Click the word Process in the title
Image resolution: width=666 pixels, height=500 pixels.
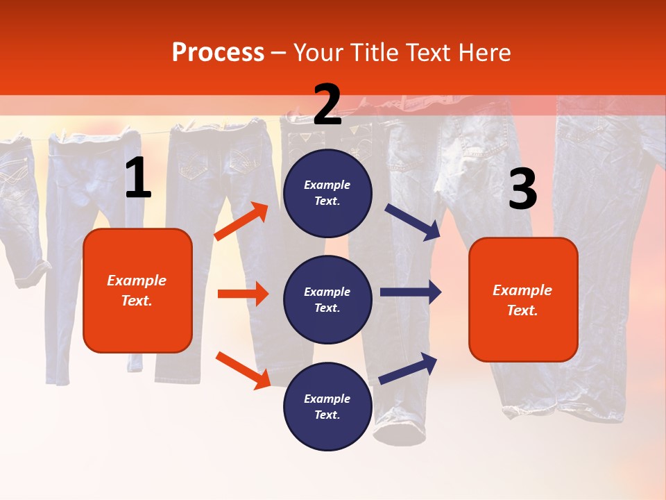pos(218,53)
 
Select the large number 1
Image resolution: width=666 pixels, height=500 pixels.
pos(138,178)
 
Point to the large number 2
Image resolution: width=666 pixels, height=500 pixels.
pos(327,105)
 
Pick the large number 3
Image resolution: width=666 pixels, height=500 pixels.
pos(522,190)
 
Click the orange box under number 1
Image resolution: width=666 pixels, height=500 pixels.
pos(137,290)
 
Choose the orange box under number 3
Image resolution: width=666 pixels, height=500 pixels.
pos(523,300)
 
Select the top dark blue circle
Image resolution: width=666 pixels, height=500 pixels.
pos(327,193)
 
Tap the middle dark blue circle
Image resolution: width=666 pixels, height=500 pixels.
pos(327,300)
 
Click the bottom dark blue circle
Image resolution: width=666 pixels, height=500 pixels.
pos(327,407)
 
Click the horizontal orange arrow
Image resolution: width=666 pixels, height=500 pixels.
pos(243,294)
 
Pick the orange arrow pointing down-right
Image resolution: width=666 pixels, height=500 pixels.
pos(243,370)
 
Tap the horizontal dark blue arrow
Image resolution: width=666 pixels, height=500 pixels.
pos(411,292)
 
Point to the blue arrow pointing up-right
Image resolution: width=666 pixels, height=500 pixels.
pos(409,368)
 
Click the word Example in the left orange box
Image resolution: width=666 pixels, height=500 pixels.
pos(137,281)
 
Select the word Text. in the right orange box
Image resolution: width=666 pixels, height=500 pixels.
pos(522,310)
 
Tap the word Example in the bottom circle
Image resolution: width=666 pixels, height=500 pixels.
pos(327,399)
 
